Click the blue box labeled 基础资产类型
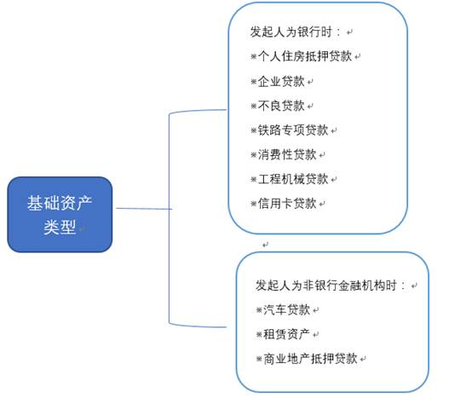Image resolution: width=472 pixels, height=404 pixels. coord(60,214)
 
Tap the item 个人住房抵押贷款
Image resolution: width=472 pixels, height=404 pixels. coord(305,56)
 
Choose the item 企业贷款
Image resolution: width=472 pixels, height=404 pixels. coord(281,81)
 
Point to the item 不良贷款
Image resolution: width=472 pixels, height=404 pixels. coord(281,106)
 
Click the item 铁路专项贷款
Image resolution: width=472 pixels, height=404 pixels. coord(293,130)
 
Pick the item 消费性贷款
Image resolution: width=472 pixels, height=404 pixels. coord(287,154)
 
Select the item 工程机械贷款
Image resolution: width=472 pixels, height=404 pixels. coord(293,179)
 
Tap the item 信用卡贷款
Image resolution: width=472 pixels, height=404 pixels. coord(287,204)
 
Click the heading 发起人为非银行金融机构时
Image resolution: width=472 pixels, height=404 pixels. coord(331,286)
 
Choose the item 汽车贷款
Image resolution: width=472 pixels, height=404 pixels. coord(287,309)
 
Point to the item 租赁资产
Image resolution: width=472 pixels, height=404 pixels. coord(287,334)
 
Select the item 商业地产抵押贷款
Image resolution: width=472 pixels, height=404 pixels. coord(311,359)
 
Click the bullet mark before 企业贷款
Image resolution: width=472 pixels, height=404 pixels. coord(254,82)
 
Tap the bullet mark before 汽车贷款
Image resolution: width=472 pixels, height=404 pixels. coord(259,310)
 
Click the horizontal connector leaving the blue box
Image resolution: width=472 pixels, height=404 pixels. coord(144,209)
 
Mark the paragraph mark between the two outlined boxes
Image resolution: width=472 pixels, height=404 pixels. coord(265,245)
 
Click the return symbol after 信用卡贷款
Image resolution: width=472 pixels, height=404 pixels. coord(322,205)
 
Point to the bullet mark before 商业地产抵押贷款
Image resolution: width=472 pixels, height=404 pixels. coord(259,359)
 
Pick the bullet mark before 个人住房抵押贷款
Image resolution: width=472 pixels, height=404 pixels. coord(254,56)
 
